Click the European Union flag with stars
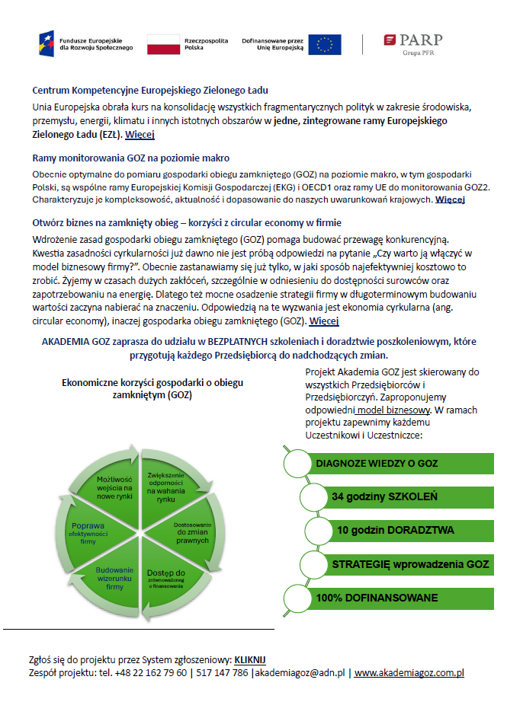pyautogui.click(x=325, y=43)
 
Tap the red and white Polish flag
pyautogui.click(x=161, y=43)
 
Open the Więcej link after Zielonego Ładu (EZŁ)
pyautogui.click(x=140, y=134)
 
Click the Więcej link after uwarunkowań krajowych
pyautogui.click(x=450, y=200)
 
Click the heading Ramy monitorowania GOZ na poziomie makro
pyautogui.click(x=131, y=158)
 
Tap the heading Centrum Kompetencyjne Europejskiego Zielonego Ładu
pyautogui.click(x=150, y=91)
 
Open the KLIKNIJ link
pyautogui.click(x=250, y=659)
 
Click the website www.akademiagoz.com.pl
pyautogui.click(x=409, y=673)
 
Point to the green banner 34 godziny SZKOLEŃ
pyautogui.click(x=384, y=496)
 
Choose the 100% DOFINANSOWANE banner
pyautogui.click(x=377, y=598)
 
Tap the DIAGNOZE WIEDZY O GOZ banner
pyautogui.click(x=377, y=463)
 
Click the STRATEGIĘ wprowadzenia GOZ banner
pyautogui.click(x=409, y=564)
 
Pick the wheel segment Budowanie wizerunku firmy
pyautogui.click(x=115, y=579)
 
